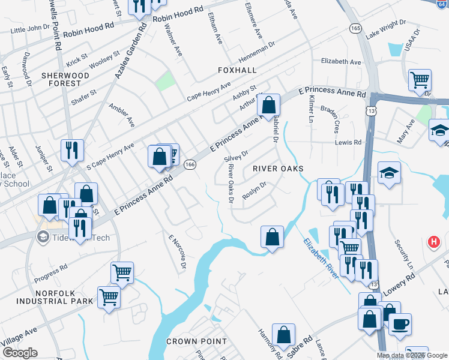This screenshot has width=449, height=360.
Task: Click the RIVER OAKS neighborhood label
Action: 278,169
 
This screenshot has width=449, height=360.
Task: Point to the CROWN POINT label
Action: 196,341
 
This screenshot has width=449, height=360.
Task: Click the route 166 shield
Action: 190,164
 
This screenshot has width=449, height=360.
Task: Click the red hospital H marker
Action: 433,242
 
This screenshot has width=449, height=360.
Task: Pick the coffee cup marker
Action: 400,324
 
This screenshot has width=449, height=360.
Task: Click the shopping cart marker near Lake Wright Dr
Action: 420,80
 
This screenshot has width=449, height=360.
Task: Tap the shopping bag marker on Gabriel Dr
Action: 268,104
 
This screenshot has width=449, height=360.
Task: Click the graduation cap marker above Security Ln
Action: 390,173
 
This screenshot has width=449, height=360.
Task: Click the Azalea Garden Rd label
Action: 130,51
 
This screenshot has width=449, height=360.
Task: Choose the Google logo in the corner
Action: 19,353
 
